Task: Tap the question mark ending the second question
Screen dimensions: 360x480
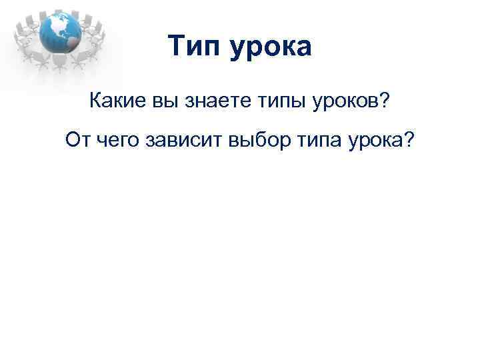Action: (x=408, y=140)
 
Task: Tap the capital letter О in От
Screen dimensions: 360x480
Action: (x=73, y=140)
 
